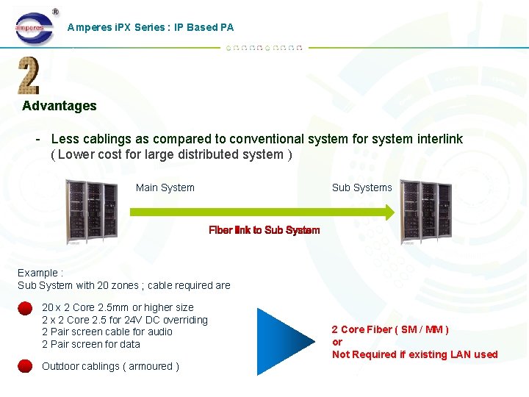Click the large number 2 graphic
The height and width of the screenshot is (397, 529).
pyautogui.click(x=29, y=76)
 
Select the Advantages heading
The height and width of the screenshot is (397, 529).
pyautogui.click(x=60, y=106)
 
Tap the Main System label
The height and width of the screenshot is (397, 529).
pyautogui.click(x=165, y=187)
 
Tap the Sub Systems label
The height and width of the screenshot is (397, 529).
pyautogui.click(x=362, y=187)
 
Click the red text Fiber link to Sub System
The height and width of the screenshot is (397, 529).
pyautogui.click(x=264, y=230)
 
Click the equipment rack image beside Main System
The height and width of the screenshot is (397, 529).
pyautogui.click(x=91, y=211)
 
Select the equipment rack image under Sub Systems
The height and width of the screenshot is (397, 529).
pyautogui.click(x=425, y=212)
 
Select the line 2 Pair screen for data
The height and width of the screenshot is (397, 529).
pyautogui.click(x=91, y=344)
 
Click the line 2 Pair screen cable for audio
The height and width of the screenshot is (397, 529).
pyautogui.click(x=107, y=332)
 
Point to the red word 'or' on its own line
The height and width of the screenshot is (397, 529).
pyautogui.click(x=337, y=342)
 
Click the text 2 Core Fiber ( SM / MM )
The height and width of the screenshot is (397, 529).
pyautogui.click(x=390, y=329)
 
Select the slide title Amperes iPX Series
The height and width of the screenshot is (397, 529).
pyautogui.click(x=151, y=27)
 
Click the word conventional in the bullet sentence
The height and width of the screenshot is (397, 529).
pyautogui.click(x=261, y=139)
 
